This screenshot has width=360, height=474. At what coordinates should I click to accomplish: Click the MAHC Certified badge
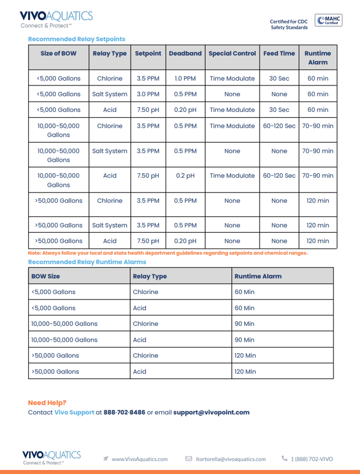click(328, 20)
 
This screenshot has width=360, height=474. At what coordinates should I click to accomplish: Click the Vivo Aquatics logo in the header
click(56, 19)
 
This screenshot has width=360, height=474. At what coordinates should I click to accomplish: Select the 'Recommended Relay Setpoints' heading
click(76, 39)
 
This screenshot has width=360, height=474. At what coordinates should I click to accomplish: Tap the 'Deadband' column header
click(185, 53)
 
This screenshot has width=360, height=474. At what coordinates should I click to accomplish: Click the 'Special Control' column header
click(232, 53)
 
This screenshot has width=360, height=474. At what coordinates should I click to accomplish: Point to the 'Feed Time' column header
click(279, 53)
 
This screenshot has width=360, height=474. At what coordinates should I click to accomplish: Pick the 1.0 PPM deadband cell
click(185, 78)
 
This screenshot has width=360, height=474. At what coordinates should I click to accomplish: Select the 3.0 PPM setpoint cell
click(148, 94)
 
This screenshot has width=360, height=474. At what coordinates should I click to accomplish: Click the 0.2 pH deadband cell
click(185, 176)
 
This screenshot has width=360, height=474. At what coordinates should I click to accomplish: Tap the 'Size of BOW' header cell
click(58, 53)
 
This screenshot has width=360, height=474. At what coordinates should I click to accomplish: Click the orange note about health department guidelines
click(167, 253)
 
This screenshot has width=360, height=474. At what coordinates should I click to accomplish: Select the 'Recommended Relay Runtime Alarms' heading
click(87, 262)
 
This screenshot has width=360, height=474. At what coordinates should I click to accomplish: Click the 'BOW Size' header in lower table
click(46, 276)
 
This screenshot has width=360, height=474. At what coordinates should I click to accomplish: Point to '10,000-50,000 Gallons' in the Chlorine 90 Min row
click(64, 324)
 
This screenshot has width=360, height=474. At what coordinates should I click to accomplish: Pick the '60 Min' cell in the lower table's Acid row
click(244, 308)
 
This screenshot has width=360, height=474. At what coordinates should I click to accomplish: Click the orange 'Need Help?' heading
click(47, 402)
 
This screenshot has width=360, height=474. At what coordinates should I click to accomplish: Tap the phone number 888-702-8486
click(125, 412)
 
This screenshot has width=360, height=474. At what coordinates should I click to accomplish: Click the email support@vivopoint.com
click(211, 412)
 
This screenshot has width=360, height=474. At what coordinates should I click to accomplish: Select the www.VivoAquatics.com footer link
click(140, 459)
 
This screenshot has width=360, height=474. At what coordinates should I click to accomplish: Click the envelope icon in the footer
click(189, 459)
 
